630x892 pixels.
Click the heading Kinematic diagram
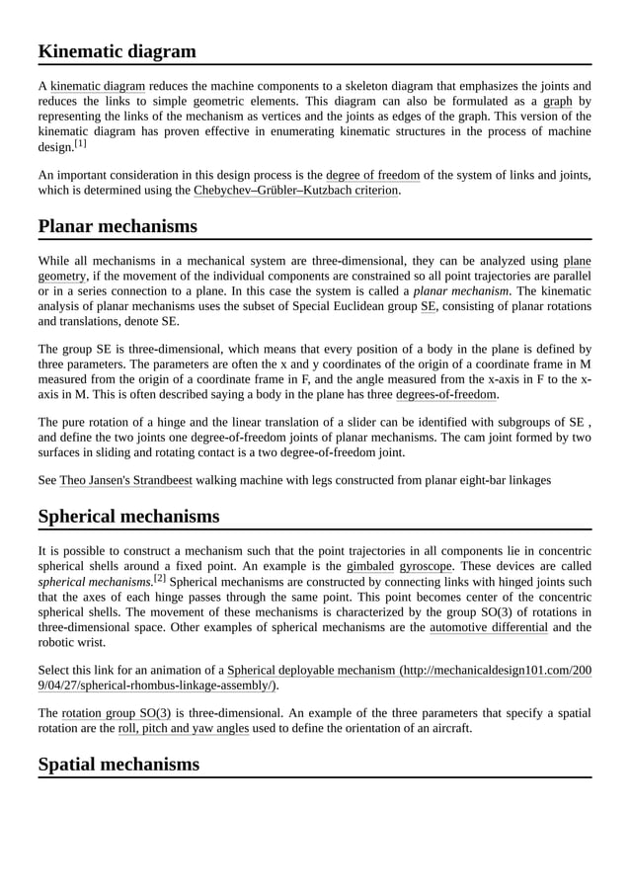coord(117,51)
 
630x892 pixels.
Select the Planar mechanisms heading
coord(118,226)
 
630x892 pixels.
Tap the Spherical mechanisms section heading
coord(128,516)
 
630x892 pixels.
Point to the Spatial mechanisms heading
coord(118,764)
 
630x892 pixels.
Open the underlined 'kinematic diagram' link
coord(98,86)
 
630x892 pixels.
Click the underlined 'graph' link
coord(558,101)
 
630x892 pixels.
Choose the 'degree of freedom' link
coord(372,175)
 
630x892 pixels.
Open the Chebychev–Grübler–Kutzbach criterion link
coord(296,190)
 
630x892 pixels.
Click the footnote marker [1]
coord(79,143)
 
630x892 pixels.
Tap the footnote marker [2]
coord(158,579)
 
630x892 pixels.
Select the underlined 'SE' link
coord(428,306)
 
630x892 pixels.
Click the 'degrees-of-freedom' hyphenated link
coord(445,394)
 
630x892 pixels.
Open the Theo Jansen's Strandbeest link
coord(125,480)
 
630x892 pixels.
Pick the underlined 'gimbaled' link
coord(370,566)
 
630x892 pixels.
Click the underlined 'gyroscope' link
coord(426,566)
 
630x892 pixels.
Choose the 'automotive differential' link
coord(488,626)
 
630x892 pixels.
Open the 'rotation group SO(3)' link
coord(117,713)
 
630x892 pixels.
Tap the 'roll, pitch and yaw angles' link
coord(183,728)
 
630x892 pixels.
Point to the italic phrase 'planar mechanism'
coord(461,291)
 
